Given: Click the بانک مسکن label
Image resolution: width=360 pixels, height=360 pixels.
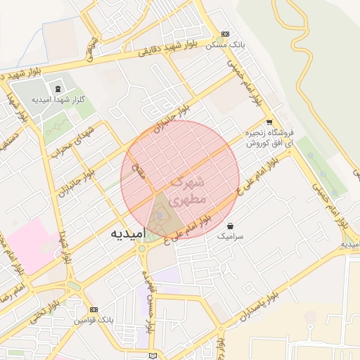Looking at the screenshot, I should click(225, 44).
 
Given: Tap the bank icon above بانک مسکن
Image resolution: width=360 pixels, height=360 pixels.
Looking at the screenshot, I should click(225, 34).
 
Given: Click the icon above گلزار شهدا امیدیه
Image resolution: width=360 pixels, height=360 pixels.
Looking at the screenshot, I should click(57, 89).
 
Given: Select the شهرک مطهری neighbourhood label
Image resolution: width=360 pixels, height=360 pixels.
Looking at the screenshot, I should click(188, 190).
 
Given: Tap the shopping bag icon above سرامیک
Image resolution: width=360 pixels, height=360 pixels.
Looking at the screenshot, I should click(231, 226).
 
